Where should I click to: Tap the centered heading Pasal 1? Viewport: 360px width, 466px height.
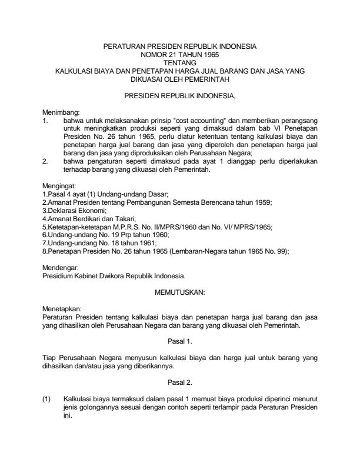click(180, 340)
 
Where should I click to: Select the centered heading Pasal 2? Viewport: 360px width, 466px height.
click(180, 382)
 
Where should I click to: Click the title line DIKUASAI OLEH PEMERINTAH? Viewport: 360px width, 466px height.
click(180, 76)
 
